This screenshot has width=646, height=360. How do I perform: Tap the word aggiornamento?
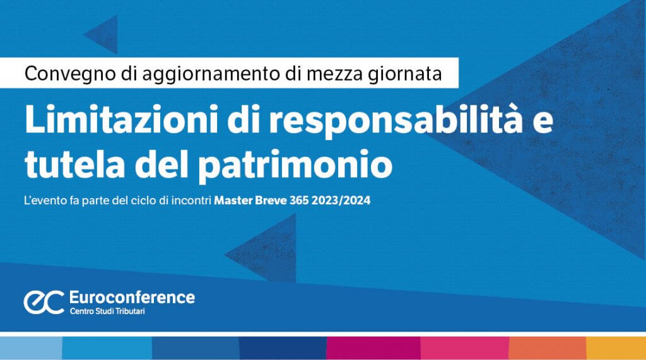tap(211, 74)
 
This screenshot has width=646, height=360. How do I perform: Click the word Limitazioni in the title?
tap(122, 119)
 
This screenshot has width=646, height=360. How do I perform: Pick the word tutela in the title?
tap(74, 164)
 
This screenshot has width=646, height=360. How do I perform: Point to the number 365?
tap(299, 200)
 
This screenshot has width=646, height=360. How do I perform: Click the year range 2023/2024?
tap(341, 200)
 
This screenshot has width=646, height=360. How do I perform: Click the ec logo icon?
tap(44, 302)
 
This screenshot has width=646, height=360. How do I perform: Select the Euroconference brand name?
tap(132, 297)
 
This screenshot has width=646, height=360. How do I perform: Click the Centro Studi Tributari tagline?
tap(107, 311)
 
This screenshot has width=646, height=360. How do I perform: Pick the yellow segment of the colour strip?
tap(616, 348)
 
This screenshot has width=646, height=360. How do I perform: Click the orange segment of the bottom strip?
tap(548, 348)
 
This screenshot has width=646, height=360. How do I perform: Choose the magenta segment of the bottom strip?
tap(373, 348)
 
